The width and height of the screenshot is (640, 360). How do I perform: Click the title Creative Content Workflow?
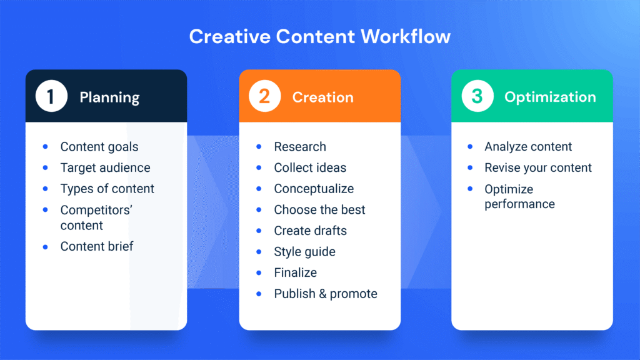click(319, 36)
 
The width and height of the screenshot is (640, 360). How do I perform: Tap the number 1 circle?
click(51, 96)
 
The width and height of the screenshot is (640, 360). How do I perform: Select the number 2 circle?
click(264, 96)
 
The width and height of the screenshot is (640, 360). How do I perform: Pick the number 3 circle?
click(477, 96)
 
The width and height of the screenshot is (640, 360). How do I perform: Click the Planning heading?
click(109, 97)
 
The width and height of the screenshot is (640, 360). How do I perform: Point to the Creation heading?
click(322, 97)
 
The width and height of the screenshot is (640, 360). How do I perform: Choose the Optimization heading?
click(550, 97)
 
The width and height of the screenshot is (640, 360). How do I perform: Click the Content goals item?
click(99, 147)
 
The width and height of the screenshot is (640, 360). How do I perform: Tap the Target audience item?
click(105, 167)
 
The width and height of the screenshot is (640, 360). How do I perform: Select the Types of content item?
click(107, 189)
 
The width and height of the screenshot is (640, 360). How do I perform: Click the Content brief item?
click(97, 246)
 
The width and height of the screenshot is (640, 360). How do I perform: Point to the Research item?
click(300, 147)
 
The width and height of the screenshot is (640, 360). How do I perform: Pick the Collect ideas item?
click(310, 167)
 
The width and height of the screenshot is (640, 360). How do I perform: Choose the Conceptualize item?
click(314, 189)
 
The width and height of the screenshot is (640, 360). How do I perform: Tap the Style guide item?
click(304, 252)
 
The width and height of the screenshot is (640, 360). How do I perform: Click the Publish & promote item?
click(326, 294)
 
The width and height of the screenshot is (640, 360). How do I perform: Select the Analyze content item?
click(528, 147)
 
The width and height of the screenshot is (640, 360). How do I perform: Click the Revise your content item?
click(538, 167)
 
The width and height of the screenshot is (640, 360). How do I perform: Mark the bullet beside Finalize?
click(259, 272)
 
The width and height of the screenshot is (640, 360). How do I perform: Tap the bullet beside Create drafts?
click(259, 231)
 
